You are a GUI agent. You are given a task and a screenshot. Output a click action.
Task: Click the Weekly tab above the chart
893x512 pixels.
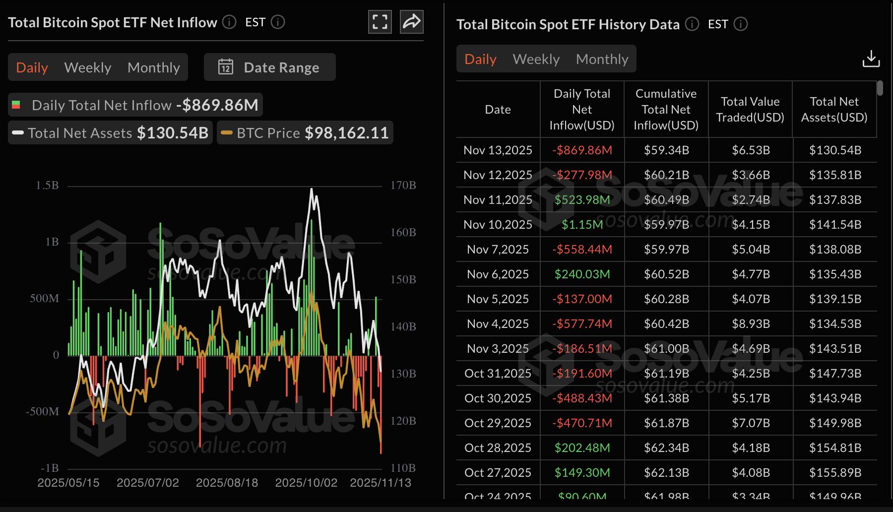pyautogui.click(x=88, y=67)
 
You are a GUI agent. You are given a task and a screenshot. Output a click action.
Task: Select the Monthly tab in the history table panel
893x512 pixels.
pyautogui.click(x=602, y=59)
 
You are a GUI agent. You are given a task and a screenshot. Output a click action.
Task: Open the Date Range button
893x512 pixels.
pyautogui.click(x=270, y=67)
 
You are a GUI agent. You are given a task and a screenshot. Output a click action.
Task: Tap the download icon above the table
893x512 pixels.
pyautogui.click(x=871, y=59)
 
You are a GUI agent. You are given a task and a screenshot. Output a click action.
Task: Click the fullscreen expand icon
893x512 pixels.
pyautogui.click(x=380, y=22)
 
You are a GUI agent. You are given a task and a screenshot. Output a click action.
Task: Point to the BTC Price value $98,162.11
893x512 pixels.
pyautogui.click(x=346, y=133)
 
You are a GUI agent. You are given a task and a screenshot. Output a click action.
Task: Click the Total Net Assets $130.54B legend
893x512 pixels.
pyautogui.click(x=111, y=133)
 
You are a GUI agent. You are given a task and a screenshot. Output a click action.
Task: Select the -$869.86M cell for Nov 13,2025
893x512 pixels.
pyautogui.click(x=582, y=150)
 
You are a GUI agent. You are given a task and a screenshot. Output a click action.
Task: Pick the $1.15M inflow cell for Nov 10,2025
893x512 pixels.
pyautogui.click(x=582, y=224)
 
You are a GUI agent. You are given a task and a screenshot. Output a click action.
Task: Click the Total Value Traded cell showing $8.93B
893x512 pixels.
pyautogui.click(x=751, y=323)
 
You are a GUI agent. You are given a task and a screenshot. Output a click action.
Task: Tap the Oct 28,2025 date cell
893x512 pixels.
pyautogui.click(x=498, y=448)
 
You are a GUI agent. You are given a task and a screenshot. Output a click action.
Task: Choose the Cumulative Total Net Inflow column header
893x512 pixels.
pyautogui.click(x=666, y=110)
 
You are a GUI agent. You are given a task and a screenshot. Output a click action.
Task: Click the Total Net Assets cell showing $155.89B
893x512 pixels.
pyautogui.click(x=834, y=472)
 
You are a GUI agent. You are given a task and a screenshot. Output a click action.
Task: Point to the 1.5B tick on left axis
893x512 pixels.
pyautogui.click(x=47, y=186)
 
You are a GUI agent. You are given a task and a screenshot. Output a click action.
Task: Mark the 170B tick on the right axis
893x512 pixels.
pyautogui.click(x=403, y=186)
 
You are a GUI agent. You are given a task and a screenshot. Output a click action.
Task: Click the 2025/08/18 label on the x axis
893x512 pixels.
pyautogui.click(x=227, y=483)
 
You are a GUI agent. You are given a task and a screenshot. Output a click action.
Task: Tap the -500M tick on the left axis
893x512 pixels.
pyautogui.click(x=43, y=411)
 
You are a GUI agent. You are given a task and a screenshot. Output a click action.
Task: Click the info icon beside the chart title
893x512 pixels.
pyautogui.click(x=229, y=22)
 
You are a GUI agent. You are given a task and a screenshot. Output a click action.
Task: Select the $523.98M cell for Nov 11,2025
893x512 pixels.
pyautogui.click(x=582, y=199)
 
